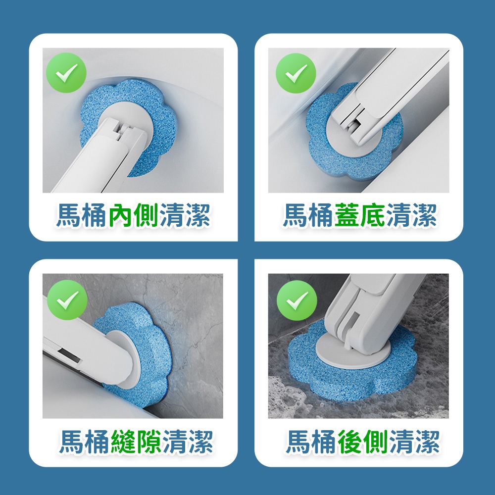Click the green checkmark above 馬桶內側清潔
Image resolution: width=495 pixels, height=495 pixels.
click(66, 73)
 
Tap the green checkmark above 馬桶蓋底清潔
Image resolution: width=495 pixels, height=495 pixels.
click(296, 73)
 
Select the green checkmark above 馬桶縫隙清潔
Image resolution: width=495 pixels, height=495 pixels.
click(67, 300)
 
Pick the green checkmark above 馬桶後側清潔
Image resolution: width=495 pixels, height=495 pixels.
click(297, 300)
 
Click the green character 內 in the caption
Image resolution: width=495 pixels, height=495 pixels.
click(121, 215)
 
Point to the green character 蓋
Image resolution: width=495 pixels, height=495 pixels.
click(347, 215)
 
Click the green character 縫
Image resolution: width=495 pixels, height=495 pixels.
click(123, 442)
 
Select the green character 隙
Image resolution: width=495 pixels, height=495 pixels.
click(149, 442)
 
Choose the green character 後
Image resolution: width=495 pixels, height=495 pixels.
click(350, 442)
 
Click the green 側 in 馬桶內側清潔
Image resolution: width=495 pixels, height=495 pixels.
click(146, 215)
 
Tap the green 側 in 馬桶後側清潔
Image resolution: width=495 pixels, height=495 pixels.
click(376, 442)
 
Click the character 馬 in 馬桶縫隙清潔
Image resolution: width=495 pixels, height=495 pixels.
click(72, 442)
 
